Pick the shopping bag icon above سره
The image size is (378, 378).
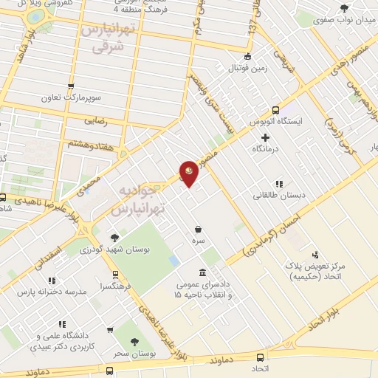pos(198,229)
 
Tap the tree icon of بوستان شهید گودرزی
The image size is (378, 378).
pos(114,238)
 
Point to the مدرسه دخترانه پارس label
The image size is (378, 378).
pos(51,292)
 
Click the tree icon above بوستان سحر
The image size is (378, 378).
pos(134,341)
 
